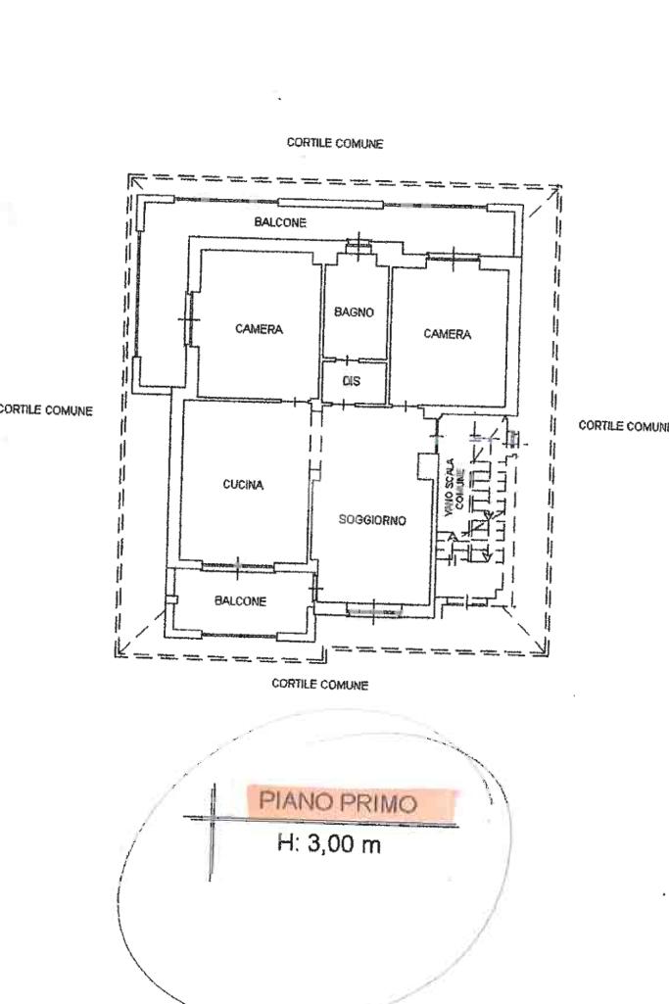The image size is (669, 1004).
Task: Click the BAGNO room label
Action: click(354, 312)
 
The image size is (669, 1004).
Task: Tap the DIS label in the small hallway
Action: click(352, 381)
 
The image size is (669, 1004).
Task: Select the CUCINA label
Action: click(243, 485)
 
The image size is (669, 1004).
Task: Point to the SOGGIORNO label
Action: click(372, 520)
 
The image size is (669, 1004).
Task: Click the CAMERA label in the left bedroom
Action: click(259, 329)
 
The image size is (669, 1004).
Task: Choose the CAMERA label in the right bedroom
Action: click(447, 334)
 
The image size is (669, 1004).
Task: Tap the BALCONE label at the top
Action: click(280, 222)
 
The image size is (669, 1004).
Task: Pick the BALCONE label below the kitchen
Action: click(240, 601)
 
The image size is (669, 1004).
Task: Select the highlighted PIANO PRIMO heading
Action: click(351, 802)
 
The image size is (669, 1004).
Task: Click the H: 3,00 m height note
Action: click(329, 843)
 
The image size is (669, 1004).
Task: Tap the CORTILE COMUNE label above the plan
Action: click(335, 143)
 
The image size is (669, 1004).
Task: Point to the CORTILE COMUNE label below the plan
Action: click(320, 684)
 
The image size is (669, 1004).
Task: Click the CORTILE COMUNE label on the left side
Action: click(45, 409)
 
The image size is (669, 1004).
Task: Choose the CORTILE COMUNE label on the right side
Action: click(624, 426)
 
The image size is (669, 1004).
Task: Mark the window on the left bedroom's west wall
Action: click(188, 319)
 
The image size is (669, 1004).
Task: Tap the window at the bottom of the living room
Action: click(374, 611)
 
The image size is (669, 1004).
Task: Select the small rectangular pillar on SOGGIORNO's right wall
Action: click(425, 466)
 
